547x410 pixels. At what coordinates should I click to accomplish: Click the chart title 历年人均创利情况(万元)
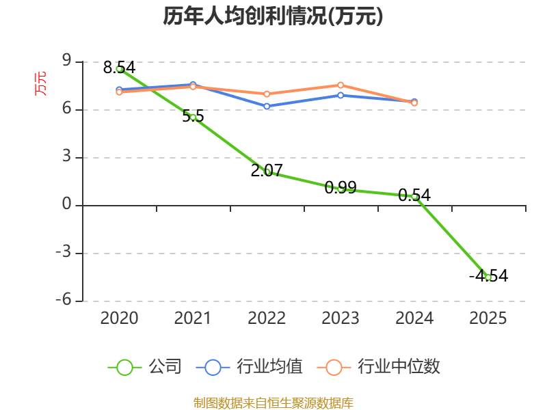(273, 16)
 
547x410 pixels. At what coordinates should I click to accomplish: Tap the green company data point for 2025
(488, 277)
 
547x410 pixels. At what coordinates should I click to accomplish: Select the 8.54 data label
(119, 67)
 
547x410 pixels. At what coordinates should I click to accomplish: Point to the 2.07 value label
(267, 170)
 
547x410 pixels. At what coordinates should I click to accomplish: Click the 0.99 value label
(341, 187)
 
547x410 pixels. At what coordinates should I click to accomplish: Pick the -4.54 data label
(488, 276)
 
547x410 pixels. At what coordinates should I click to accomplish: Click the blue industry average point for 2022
(267, 106)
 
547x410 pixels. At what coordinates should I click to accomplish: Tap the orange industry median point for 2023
(341, 85)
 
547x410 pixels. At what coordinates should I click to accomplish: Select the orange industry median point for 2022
(267, 94)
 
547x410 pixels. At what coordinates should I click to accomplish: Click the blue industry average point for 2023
(341, 95)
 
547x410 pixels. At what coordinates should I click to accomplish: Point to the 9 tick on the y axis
(66, 61)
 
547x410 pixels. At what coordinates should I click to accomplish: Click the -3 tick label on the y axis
(64, 251)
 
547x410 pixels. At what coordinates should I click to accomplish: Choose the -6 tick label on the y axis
(64, 299)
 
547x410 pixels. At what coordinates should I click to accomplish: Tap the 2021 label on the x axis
(193, 318)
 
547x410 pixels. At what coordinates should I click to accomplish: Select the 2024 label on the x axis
(414, 318)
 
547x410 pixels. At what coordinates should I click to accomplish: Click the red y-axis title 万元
(40, 83)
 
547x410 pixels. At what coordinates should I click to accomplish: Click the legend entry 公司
(145, 367)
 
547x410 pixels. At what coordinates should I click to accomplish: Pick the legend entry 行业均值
(250, 367)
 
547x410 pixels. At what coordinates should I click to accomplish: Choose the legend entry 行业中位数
(379, 367)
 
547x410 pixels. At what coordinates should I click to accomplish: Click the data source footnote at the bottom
(273, 403)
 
